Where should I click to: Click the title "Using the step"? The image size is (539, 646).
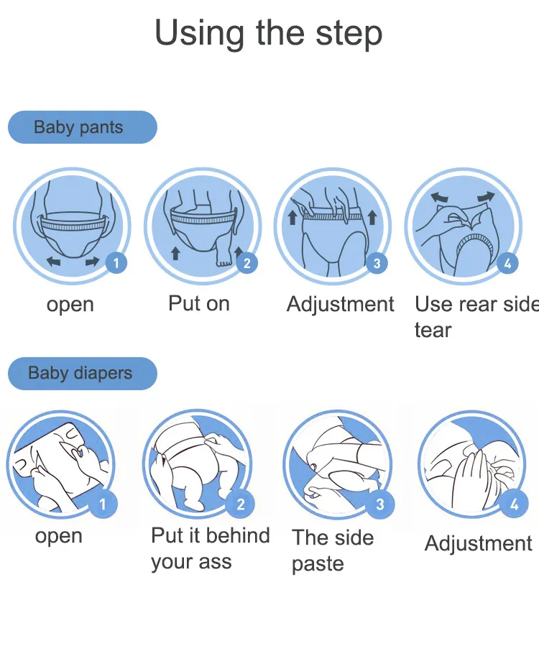(x=268, y=34)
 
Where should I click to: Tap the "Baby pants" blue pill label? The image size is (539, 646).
(x=83, y=127)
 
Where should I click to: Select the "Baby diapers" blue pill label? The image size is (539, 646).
(x=83, y=373)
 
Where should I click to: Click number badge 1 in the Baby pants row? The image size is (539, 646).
(x=116, y=263)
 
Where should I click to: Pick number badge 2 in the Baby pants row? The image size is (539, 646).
(x=247, y=263)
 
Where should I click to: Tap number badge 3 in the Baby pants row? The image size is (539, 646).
(x=377, y=263)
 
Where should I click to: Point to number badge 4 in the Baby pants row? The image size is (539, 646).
(x=507, y=263)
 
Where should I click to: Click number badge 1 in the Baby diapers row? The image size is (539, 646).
(x=103, y=504)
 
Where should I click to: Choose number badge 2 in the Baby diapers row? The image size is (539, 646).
(x=241, y=504)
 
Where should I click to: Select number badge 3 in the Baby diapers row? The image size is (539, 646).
(x=380, y=504)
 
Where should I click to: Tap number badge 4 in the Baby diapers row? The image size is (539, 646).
(x=514, y=504)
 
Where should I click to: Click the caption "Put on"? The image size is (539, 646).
(x=198, y=304)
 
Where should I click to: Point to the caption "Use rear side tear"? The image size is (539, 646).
(x=476, y=316)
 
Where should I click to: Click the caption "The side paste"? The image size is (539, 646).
(x=333, y=551)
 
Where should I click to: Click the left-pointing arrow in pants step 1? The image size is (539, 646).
(x=54, y=261)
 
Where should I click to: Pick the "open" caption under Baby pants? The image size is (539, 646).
(x=70, y=305)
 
